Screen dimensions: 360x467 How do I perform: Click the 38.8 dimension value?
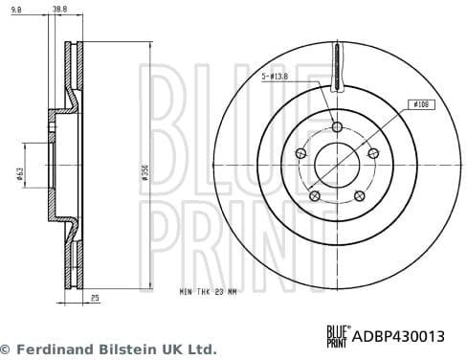58,11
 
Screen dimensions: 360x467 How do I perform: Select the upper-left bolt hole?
300,153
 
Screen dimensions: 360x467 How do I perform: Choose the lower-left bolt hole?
313,195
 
